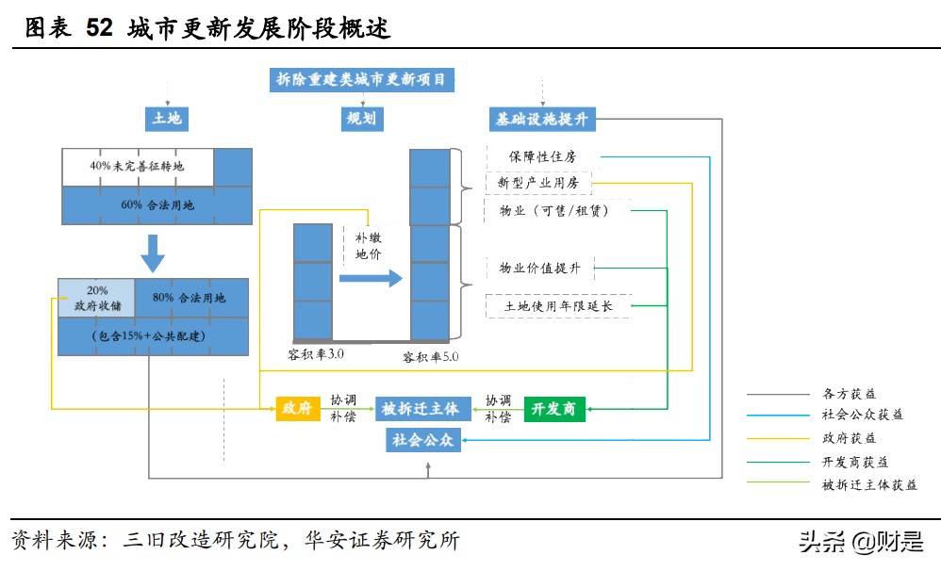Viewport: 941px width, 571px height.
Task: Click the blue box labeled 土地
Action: (167, 119)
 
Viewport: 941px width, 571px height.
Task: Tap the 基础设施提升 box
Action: (542, 120)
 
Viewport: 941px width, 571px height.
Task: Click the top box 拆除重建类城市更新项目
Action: (361, 80)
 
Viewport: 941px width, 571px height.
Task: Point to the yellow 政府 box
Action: (292, 408)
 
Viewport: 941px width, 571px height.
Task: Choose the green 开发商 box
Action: (554, 408)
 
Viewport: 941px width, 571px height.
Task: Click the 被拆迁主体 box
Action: (421, 408)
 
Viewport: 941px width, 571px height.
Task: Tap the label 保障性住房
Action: (542, 156)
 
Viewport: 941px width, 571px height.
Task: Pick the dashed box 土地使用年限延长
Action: (558, 306)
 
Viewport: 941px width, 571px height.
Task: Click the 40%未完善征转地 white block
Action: (138, 167)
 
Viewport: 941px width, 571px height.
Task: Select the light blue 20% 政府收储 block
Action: (96, 298)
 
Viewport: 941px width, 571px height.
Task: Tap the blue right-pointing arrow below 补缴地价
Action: (370, 279)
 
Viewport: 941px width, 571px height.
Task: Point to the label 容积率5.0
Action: (430, 357)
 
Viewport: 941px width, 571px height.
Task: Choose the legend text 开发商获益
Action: (855, 462)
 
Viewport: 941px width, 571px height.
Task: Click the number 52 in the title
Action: (99, 29)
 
